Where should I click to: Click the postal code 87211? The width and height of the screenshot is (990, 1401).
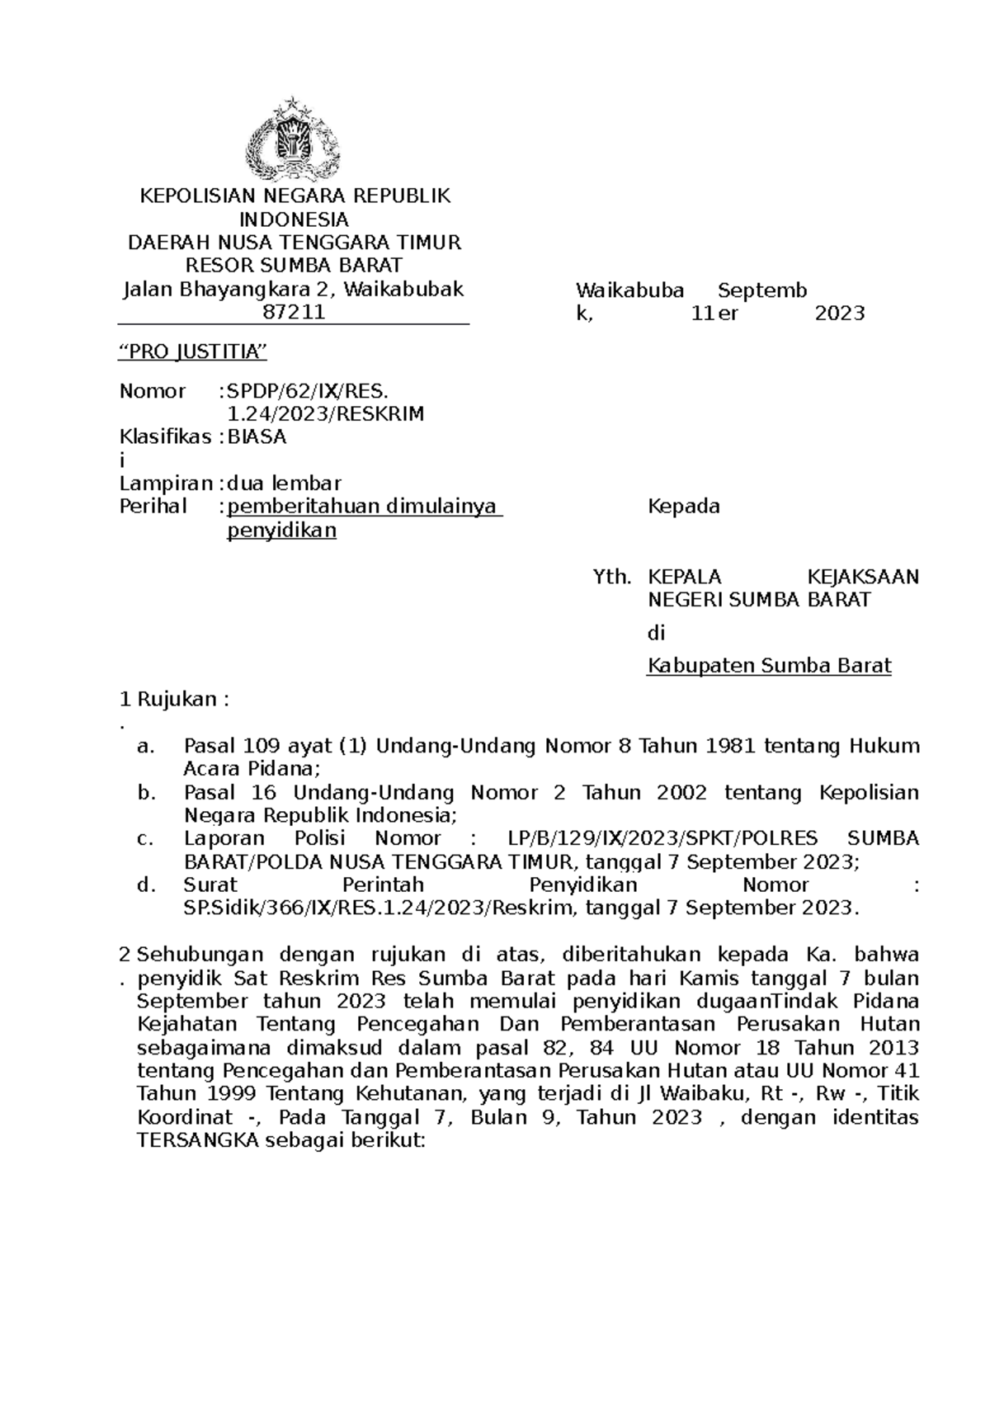(x=293, y=313)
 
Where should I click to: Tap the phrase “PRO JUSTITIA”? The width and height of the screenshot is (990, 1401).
(x=194, y=353)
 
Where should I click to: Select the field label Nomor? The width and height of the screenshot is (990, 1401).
(x=153, y=391)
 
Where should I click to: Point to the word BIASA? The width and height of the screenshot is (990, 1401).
(x=257, y=438)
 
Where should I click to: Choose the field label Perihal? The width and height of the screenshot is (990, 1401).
(x=153, y=507)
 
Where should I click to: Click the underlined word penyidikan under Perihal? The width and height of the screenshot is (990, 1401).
(x=281, y=531)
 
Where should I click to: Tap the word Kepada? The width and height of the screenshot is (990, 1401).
(x=684, y=507)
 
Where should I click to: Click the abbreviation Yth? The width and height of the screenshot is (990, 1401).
(x=612, y=577)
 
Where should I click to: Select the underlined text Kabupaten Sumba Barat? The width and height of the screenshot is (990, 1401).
(x=769, y=666)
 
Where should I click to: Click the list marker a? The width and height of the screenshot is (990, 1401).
(x=146, y=747)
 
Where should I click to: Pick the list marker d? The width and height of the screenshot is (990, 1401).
(x=146, y=885)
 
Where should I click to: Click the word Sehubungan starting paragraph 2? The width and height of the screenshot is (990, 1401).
(x=200, y=955)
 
